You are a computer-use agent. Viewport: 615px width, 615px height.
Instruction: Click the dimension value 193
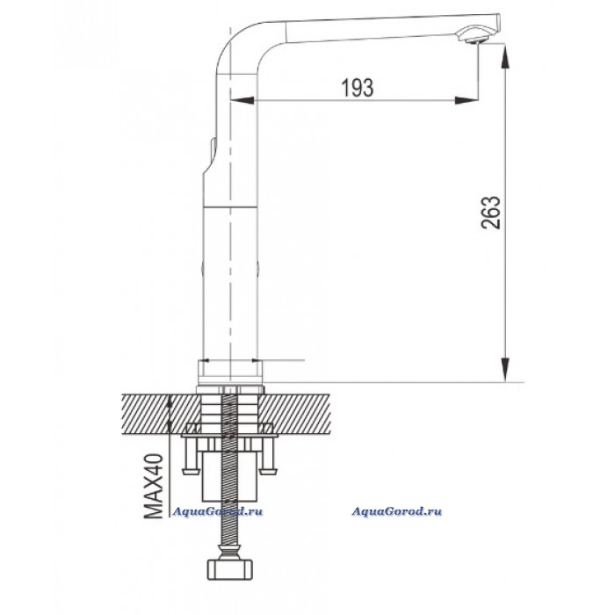(358, 88)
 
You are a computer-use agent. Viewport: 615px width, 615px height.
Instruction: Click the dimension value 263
(490, 213)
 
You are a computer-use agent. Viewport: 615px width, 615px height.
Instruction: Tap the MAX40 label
(154, 486)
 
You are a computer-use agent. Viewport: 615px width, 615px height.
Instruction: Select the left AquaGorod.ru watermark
(218, 511)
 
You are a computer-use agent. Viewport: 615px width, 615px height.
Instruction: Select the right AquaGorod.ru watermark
(396, 511)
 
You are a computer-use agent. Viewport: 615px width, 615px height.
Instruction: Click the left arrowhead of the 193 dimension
(242, 100)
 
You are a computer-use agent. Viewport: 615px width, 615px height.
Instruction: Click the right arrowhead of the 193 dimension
(467, 100)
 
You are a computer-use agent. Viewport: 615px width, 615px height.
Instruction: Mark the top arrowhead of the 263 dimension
(505, 56)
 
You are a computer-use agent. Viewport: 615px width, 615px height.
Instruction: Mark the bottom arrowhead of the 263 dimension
(505, 369)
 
